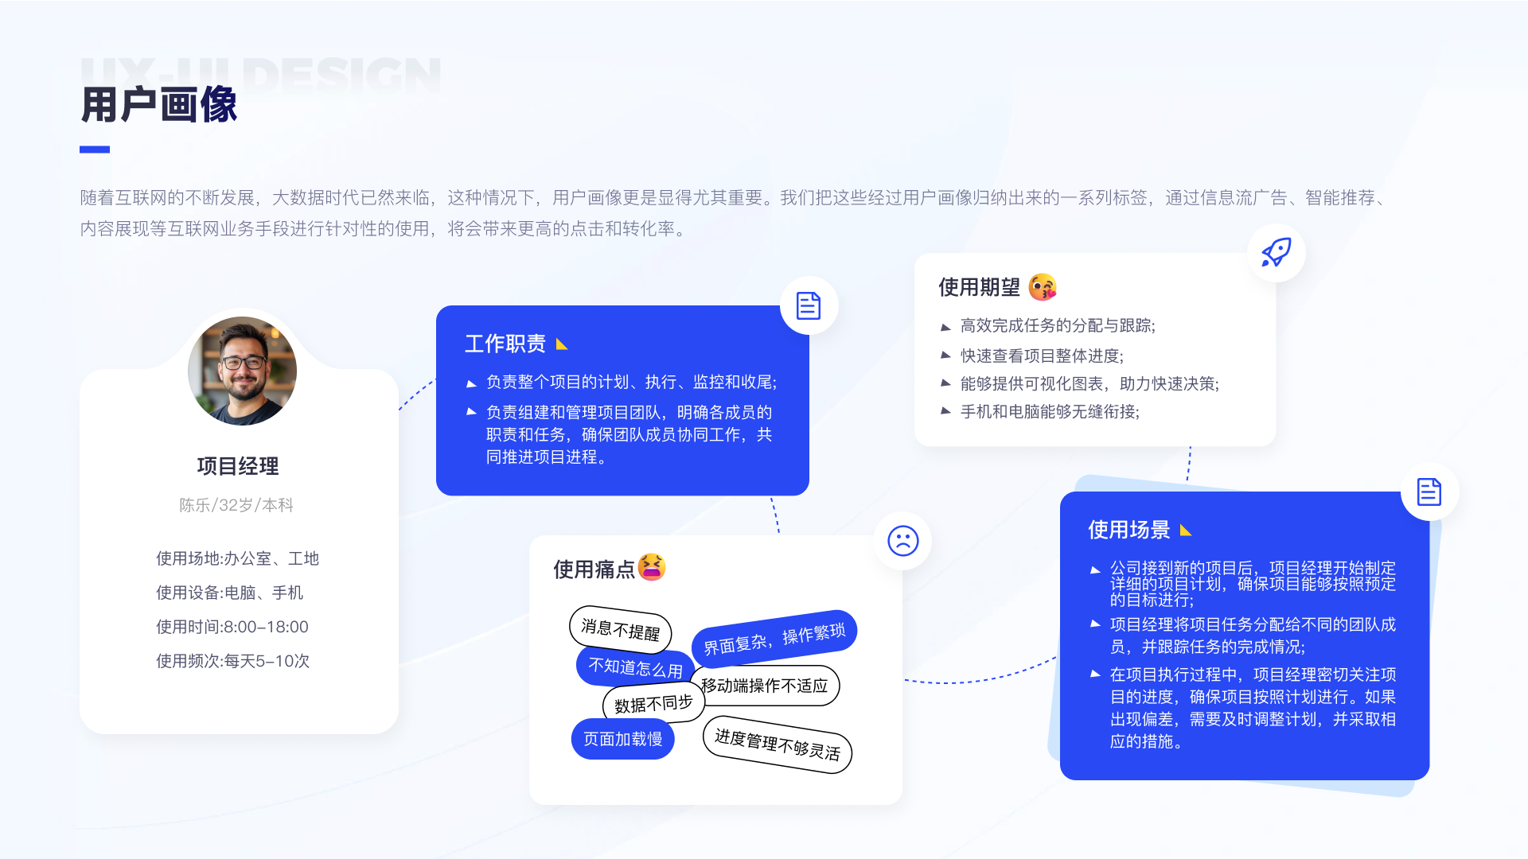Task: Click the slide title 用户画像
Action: tap(159, 105)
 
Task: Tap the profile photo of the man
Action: tap(242, 371)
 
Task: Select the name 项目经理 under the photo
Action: tap(238, 466)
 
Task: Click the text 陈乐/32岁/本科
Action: tap(236, 505)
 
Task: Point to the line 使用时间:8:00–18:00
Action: tap(232, 627)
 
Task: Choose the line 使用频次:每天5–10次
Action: tap(233, 661)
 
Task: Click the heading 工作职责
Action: tap(505, 344)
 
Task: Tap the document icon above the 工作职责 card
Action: tap(809, 305)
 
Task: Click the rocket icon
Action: tap(1276, 252)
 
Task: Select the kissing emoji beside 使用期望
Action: tap(1043, 287)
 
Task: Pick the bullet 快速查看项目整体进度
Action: tap(1042, 356)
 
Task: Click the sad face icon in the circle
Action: tap(902, 541)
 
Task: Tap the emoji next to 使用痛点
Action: tap(651, 567)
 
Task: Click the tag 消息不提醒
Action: tap(620, 629)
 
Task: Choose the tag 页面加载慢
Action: tap(622, 739)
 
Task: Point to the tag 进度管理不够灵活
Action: tap(777, 744)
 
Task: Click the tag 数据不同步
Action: tap(653, 704)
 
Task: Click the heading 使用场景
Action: tap(1128, 530)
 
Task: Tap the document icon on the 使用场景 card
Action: tap(1429, 492)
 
